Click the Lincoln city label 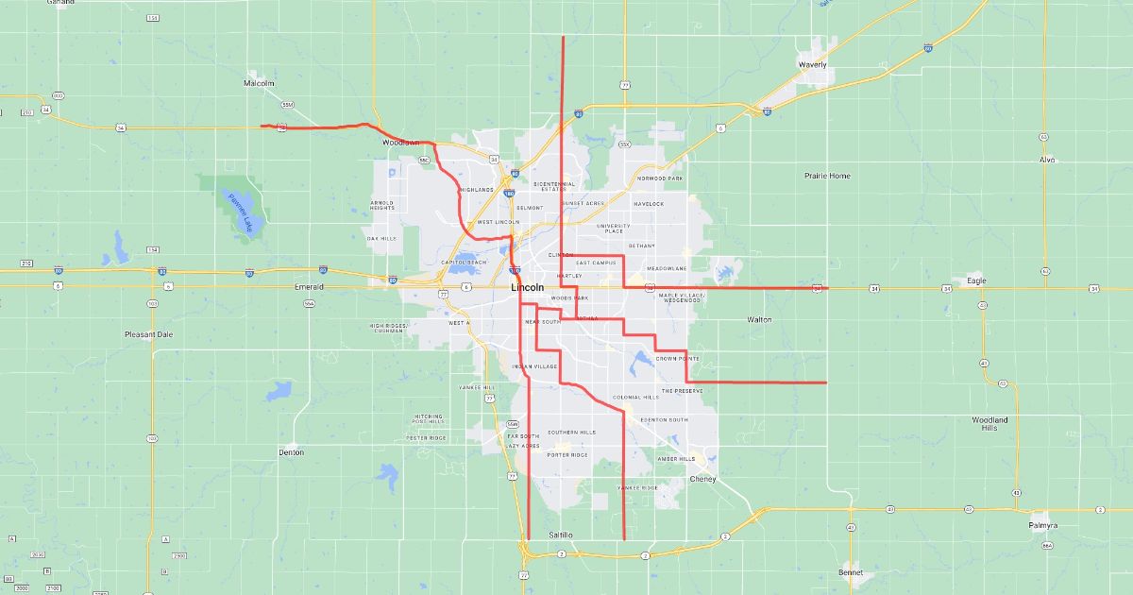pyautogui.click(x=527, y=287)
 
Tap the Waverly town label pyautogui.click(x=812, y=64)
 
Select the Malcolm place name pyautogui.click(x=259, y=83)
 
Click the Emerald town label pyautogui.click(x=309, y=286)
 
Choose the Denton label pyautogui.click(x=292, y=452)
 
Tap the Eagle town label pyautogui.click(x=975, y=280)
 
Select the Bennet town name pyautogui.click(x=851, y=572)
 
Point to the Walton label pyautogui.click(x=759, y=319)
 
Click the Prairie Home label pyautogui.click(x=827, y=176)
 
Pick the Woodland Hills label pyautogui.click(x=989, y=423)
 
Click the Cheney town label pyautogui.click(x=703, y=479)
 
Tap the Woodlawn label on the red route pyautogui.click(x=400, y=143)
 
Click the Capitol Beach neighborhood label pyautogui.click(x=464, y=263)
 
